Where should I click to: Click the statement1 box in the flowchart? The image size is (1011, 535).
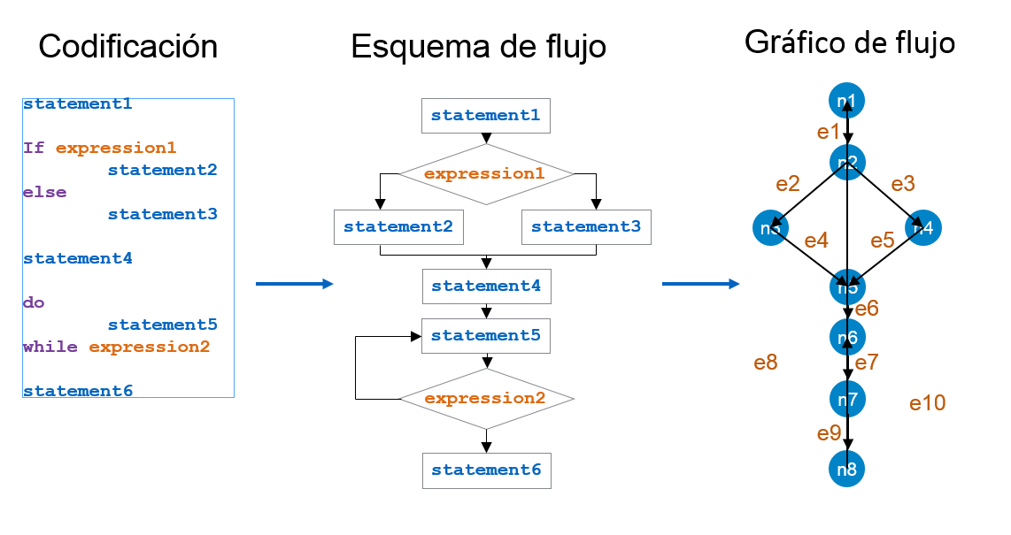click(485, 116)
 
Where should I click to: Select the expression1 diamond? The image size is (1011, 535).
click(485, 174)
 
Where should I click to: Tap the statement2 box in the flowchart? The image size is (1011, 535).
click(398, 227)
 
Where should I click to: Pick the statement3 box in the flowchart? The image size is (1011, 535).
click(586, 227)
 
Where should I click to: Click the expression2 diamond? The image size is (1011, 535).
click(486, 399)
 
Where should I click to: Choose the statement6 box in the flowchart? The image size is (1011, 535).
click(486, 470)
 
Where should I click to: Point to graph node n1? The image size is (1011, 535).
click(846, 101)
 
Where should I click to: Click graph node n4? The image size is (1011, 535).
click(922, 228)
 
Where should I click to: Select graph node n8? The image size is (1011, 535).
click(846, 470)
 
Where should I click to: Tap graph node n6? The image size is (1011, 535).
click(846, 338)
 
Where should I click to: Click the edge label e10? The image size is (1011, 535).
click(927, 403)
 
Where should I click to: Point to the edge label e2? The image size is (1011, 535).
click(787, 184)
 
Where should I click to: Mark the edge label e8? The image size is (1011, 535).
click(765, 363)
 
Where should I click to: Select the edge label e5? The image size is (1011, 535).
click(882, 241)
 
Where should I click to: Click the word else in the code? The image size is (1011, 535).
click(45, 192)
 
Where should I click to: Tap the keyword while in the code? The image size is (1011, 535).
click(50, 347)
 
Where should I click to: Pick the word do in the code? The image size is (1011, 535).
click(34, 302)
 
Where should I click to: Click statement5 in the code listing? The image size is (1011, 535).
click(162, 325)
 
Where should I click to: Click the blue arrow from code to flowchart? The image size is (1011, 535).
click(294, 284)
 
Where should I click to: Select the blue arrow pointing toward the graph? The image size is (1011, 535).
click(700, 284)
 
